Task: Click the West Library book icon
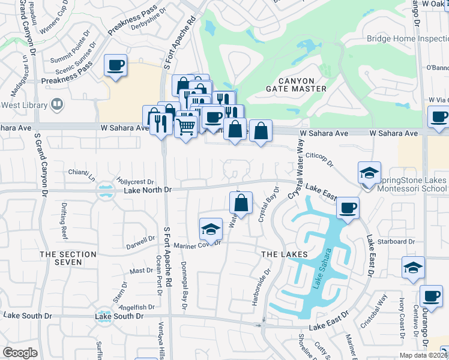(x=57, y=106)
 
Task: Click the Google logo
(x=20, y=352)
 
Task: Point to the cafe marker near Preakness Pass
(x=115, y=66)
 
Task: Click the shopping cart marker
(x=186, y=127)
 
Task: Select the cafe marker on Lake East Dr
(x=348, y=209)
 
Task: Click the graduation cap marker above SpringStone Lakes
(x=369, y=174)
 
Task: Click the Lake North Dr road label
(x=148, y=190)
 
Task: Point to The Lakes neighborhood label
(x=285, y=254)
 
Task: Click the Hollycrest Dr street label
(x=136, y=181)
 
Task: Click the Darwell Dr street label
(x=140, y=242)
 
